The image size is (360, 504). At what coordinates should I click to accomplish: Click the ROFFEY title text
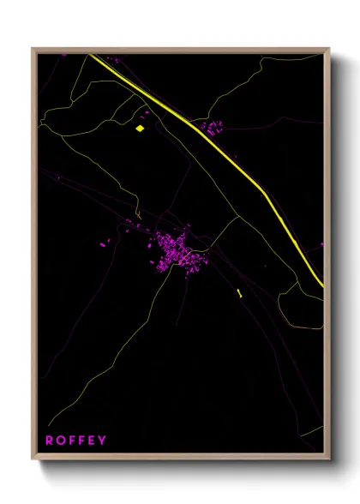coord(76,441)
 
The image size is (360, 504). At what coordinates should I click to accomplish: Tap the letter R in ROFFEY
coord(50,441)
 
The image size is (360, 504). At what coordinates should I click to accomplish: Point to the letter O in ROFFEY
coord(62,441)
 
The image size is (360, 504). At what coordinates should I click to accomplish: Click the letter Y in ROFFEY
coord(103,441)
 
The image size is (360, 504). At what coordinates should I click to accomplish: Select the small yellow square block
coord(139,129)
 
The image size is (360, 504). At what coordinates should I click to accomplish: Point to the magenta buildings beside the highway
coord(213,128)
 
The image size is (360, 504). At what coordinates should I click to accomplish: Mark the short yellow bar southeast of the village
coord(239,294)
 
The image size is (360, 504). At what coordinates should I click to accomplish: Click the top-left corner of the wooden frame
coord(33,49)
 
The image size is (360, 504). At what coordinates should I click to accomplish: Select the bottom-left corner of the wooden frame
coord(33,461)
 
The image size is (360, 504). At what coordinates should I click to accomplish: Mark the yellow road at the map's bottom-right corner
coord(314,429)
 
